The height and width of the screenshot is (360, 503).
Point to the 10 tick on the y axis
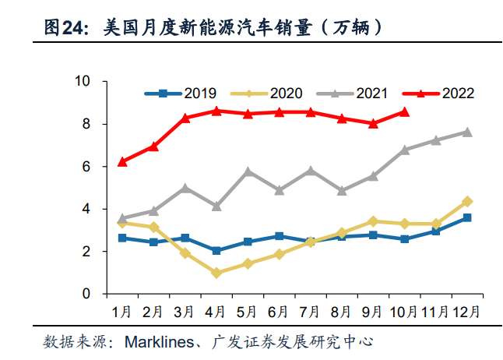pos(82,81)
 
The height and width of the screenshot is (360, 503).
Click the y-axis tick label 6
pos(86,167)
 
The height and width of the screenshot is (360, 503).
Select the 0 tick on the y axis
pos(86,295)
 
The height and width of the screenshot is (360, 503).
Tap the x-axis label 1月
pos(121,311)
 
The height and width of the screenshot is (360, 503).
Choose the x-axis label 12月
pos(466,311)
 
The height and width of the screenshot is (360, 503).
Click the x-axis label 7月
pos(310,311)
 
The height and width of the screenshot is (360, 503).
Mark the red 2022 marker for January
pos(121,162)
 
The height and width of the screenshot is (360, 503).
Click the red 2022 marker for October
pos(404,111)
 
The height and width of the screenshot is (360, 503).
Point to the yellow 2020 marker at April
pos(216,274)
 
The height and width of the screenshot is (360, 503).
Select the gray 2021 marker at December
pos(467,132)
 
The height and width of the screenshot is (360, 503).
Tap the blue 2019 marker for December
pos(467,217)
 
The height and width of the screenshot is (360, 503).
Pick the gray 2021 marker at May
pos(248,171)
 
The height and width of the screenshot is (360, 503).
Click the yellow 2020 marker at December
pos(467,201)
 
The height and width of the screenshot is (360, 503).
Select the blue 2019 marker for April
pos(216,251)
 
